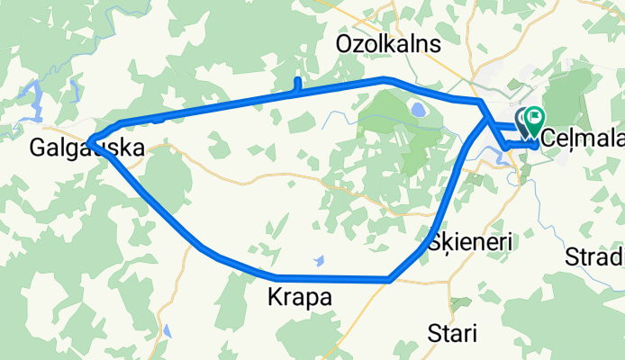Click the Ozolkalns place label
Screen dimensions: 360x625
coord(388,44)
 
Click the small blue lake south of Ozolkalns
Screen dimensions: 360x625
coord(419,110)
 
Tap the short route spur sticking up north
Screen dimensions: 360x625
coord(296,85)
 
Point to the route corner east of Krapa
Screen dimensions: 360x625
coord(388,279)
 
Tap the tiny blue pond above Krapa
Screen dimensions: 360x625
coord(319,260)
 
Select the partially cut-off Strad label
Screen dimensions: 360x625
coord(594,258)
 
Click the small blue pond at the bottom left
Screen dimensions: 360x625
coord(168,330)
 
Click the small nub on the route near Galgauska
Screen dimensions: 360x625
coord(158,118)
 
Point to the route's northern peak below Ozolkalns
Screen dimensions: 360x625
coord(385,79)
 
